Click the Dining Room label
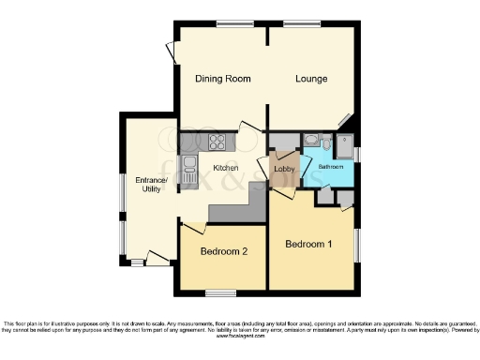[222, 79]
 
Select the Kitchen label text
[226, 168]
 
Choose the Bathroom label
[329, 167]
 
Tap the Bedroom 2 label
[224, 252]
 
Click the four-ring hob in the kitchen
[217, 142]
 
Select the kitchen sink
[188, 171]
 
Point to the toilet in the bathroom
[324, 143]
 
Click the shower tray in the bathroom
[344, 145]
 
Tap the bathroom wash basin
[309, 142]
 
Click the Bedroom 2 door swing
[194, 228]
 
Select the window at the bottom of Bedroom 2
[220, 293]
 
